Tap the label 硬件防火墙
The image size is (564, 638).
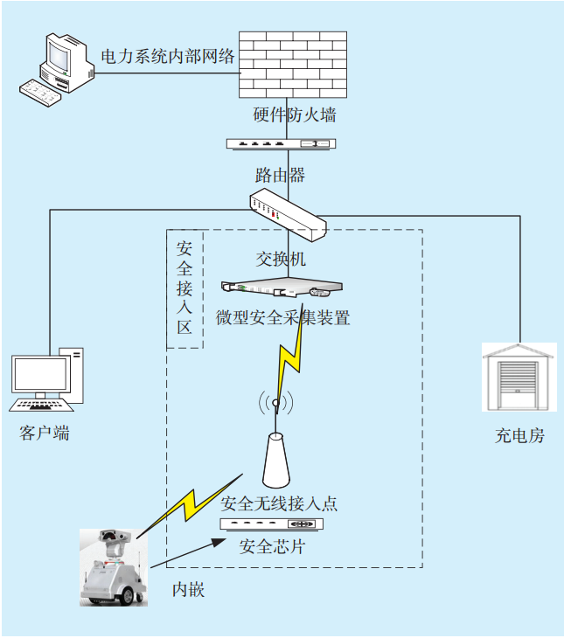coord(295,115)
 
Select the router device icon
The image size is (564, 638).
coord(280,143)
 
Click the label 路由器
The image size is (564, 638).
coord(280,175)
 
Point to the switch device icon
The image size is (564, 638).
coord(287,214)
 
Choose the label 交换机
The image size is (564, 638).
coord(281,260)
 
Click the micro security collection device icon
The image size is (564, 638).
coord(281,290)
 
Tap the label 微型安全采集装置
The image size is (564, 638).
coord(283,318)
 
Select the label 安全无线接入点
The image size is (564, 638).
coord(279,504)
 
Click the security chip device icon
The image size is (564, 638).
coord(272,524)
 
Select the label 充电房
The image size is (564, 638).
coord(519,435)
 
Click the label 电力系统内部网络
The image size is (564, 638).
coord(168,57)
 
